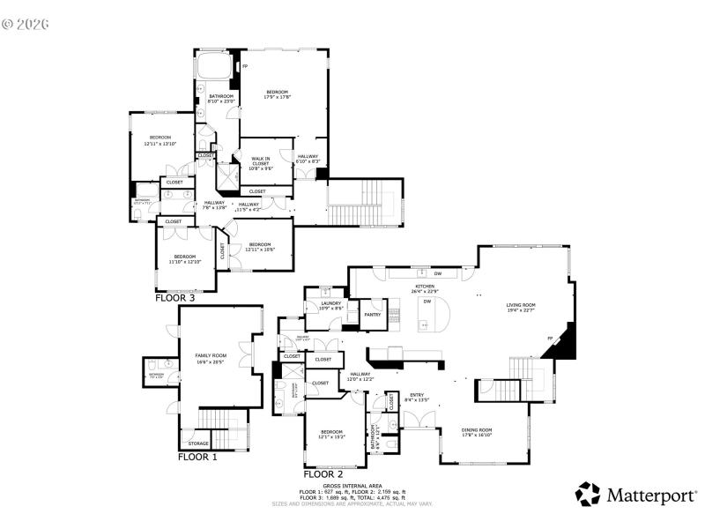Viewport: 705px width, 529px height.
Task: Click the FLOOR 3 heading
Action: pyautogui.click(x=174, y=298)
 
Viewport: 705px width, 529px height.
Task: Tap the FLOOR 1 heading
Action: pyautogui.click(x=197, y=457)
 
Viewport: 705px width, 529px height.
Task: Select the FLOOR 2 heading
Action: pyautogui.click(x=323, y=474)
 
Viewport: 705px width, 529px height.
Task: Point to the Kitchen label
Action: pyautogui.click(x=426, y=287)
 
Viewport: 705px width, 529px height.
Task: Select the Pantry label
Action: pyautogui.click(x=373, y=314)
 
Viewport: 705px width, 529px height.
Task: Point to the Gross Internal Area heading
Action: pyautogui.click(x=352, y=486)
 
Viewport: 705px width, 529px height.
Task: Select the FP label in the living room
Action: pyautogui.click(x=550, y=339)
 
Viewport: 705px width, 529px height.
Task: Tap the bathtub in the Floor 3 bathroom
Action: pyautogui.click(x=212, y=66)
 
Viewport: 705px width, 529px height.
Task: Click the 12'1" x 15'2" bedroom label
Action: pyautogui.click(x=331, y=433)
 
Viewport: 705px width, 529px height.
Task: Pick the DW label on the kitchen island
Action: pyautogui.click(x=427, y=302)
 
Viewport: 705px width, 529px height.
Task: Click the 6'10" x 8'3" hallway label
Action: pyautogui.click(x=308, y=159)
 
